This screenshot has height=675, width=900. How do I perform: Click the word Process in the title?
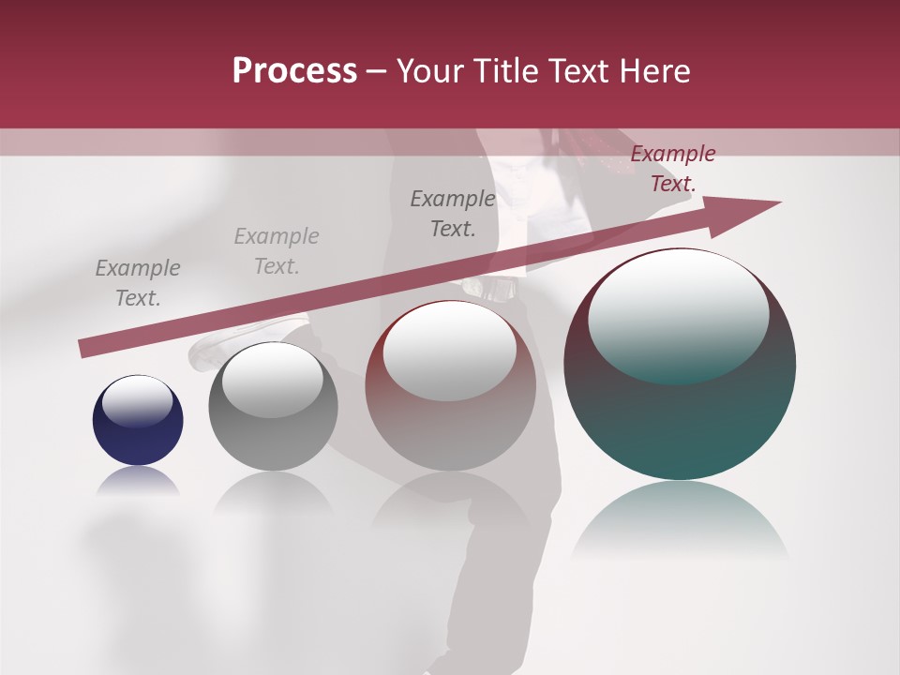[x=294, y=71]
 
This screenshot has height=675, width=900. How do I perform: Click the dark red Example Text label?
[x=673, y=169]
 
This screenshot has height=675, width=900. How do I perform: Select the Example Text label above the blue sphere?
[x=138, y=283]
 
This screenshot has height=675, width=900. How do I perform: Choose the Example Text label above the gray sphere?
[x=277, y=251]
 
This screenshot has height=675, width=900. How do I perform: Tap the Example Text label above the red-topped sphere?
[x=453, y=213]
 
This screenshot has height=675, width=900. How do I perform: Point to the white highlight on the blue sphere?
[x=137, y=401]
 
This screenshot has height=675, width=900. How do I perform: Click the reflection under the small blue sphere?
[x=138, y=482]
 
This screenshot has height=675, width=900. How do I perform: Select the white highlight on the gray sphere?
[x=272, y=381]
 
